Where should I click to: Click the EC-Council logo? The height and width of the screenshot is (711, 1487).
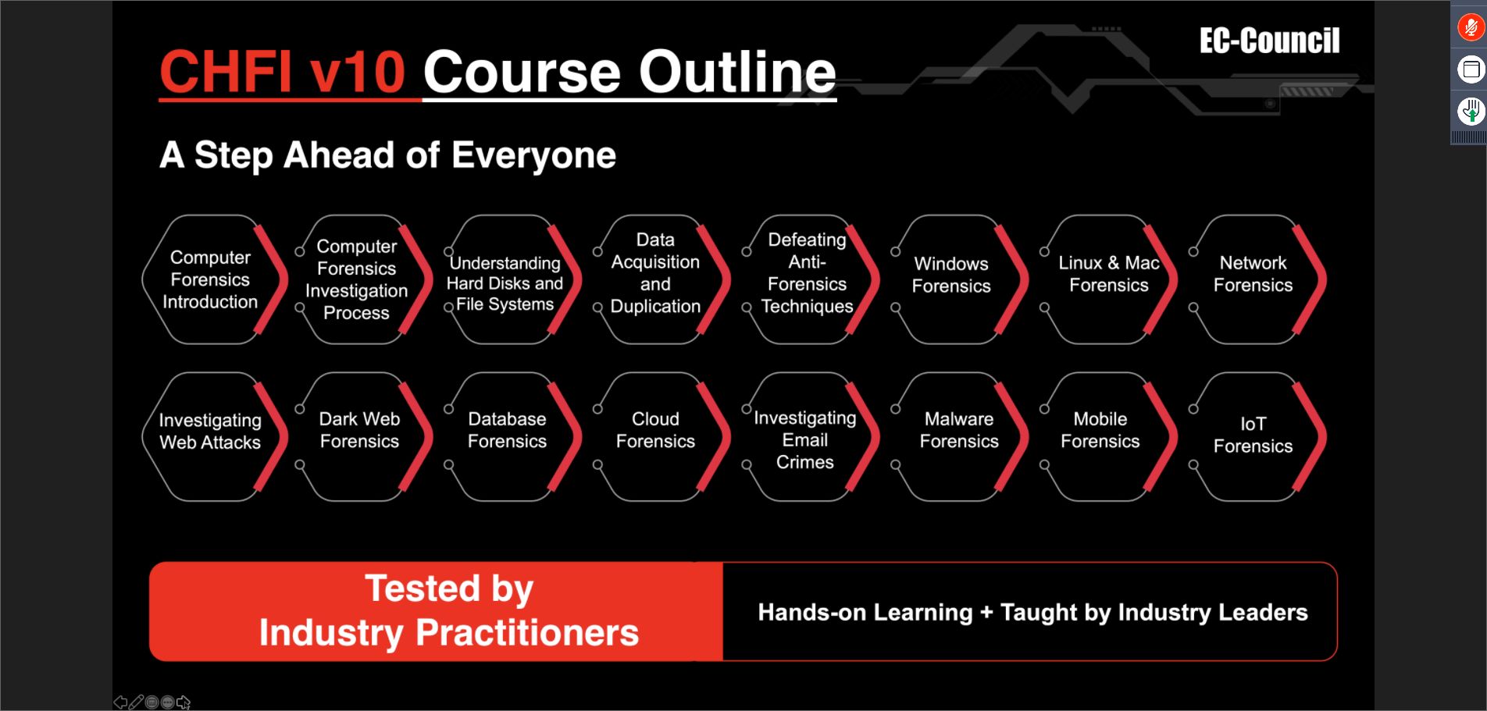click(1269, 41)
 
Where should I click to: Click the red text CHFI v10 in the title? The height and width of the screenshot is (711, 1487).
click(282, 72)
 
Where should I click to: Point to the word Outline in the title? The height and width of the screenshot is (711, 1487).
click(738, 72)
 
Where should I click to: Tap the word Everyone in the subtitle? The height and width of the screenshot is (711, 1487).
click(534, 155)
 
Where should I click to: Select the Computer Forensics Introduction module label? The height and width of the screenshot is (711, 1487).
click(210, 279)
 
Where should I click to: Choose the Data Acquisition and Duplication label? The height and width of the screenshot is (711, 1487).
click(655, 272)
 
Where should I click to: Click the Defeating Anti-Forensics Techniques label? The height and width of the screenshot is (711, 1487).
click(807, 272)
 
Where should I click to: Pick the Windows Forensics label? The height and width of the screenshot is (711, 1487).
click(951, 275)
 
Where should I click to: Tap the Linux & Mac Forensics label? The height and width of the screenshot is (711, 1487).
click(1109, 274)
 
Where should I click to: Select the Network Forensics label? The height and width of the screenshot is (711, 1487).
click(1253, 274)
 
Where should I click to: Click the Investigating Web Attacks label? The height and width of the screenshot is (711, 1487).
click(210, 432)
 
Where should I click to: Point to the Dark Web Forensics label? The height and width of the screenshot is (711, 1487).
click(359, 430)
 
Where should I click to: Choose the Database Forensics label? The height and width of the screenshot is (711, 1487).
click(507, 430)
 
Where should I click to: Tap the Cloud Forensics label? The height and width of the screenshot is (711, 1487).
click(655, 430)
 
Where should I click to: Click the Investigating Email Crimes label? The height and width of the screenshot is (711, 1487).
click(805, 440)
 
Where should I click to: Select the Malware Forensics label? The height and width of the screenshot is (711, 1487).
click(959, 430)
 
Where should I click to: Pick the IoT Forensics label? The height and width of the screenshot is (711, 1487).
click(1253, 435)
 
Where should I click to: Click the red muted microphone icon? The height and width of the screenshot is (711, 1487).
click(1471, 28)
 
